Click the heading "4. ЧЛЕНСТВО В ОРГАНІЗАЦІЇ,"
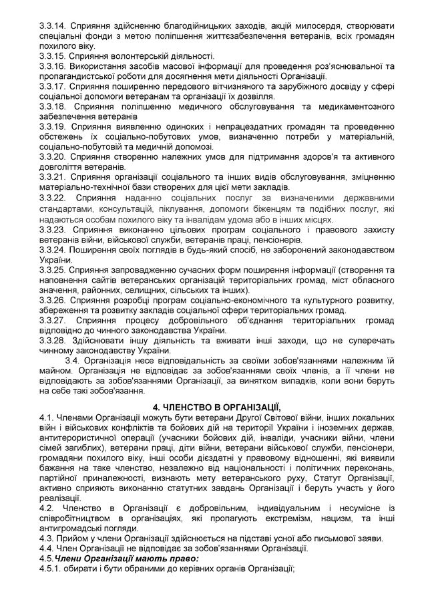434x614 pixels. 217,407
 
